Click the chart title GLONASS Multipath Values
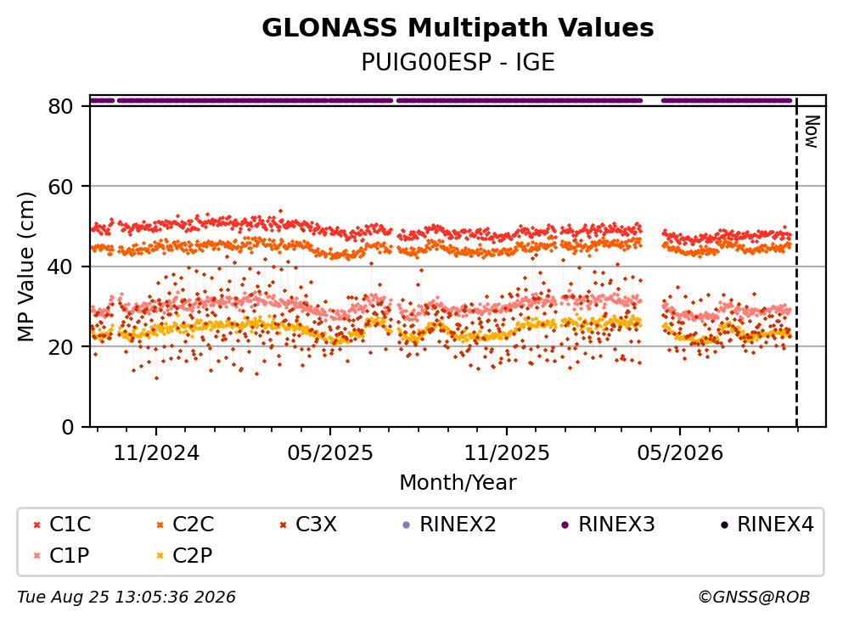click(x=458, y=28)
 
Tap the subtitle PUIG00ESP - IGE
click(x=458, y=63)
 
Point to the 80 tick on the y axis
click(x=61, y=106)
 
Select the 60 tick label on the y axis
click(x=61, y=187)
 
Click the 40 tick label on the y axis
click(x=61, y=267)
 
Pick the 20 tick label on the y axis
click(x=61, y=346)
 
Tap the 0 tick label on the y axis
click(x=68, y=427)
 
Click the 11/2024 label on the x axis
click(x=156, y=453)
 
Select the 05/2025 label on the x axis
click(x=329, y=453)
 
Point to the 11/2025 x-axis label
click(x=507, y=453)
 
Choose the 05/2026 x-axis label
click(x=679, y=453)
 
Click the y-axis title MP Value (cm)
click(x=25, y=267)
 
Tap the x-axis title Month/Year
click(x=458, y=483)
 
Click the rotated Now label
click(x=812, y=132)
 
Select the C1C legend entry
click(x=62, y=524)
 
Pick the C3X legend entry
click(x=309, y=524)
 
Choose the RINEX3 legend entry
click(x=608, y=524)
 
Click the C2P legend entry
click(x=184, y=555)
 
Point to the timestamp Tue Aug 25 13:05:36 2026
click(x=126, y=598)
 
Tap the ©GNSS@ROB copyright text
click(x=754, y=598)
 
